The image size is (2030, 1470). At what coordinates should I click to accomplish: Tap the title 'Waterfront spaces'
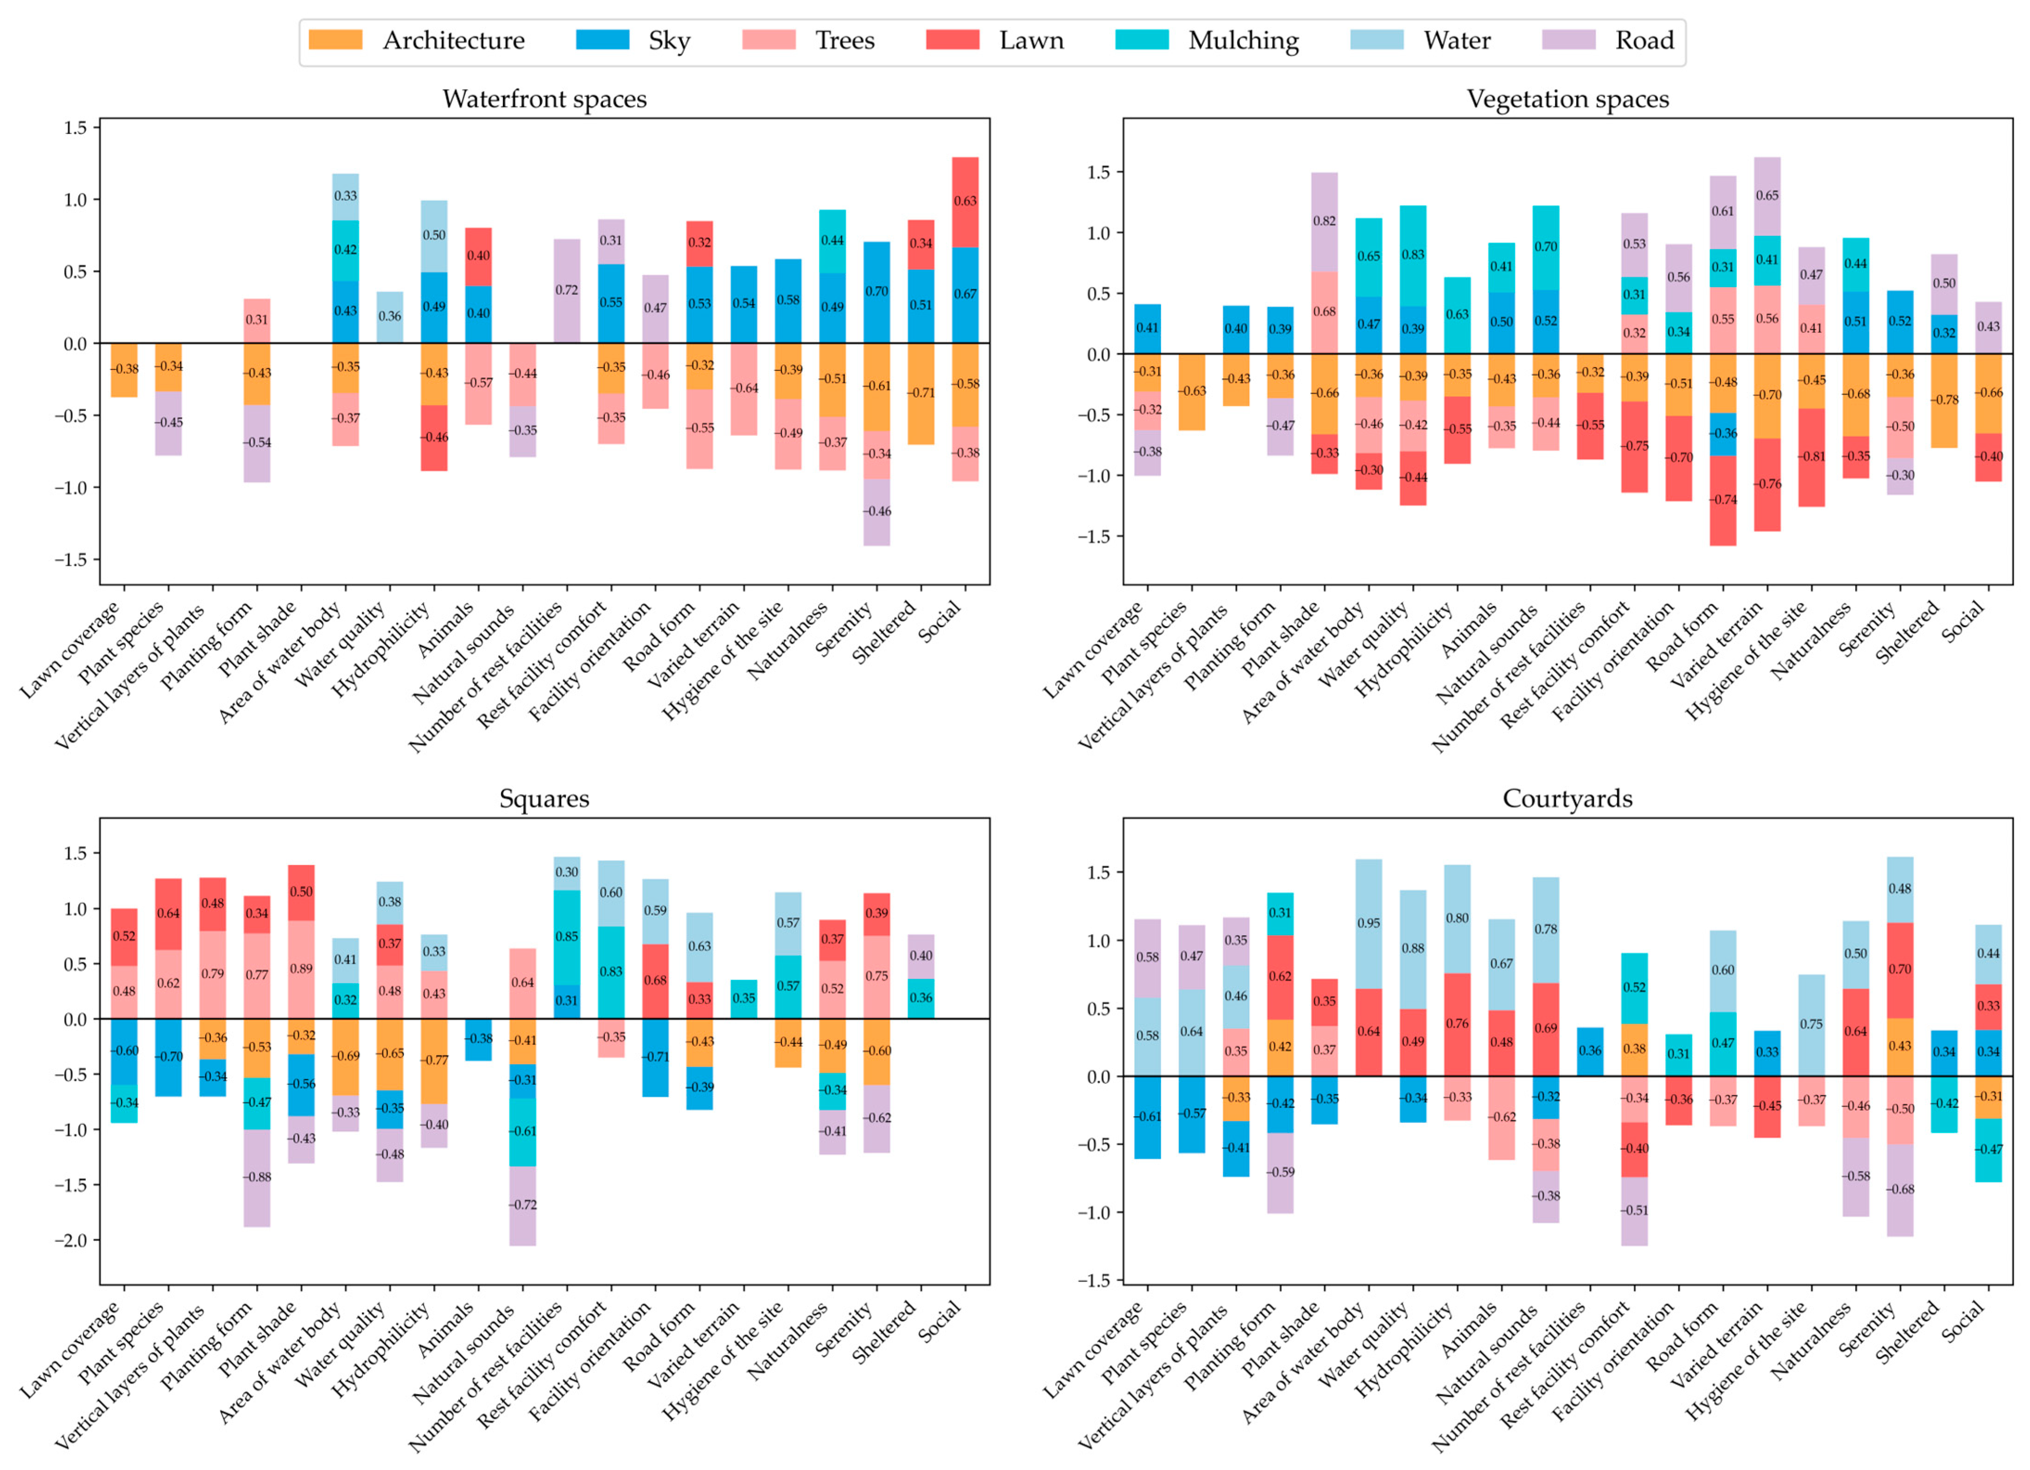(x=544, y=99)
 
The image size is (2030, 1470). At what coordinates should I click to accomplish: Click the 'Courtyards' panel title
(x=1567, y=799)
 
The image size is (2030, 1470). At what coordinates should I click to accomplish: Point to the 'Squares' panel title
(x=544, y=799)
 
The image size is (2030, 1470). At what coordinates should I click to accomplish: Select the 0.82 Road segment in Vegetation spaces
(x=1325, y=222)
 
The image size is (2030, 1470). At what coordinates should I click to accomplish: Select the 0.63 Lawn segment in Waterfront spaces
(x=965, y=202)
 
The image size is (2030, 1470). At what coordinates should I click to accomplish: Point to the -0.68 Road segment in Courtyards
(x=1900, y=1190)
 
